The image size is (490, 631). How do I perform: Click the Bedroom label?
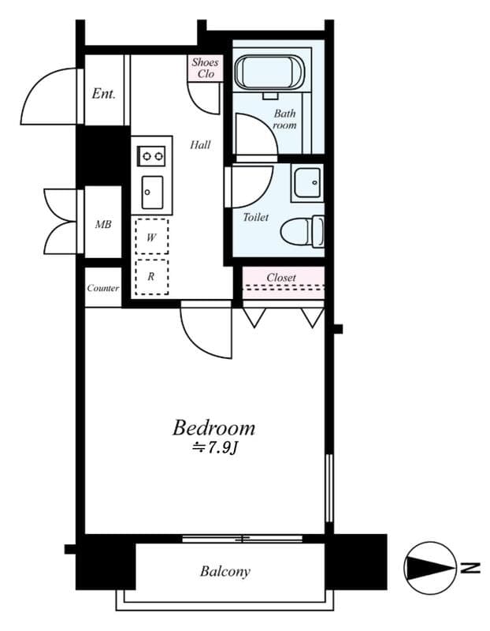pyautogui.click(x=213, y=428)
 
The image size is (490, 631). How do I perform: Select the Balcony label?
pyautogui.click(x=225, y=571)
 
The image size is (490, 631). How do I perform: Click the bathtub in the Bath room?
pyautogui.click(x=269, y=72)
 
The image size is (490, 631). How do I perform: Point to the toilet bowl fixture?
pyautogui.click(x=303, y=232)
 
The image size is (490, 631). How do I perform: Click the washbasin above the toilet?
pyautogui.click(x=307, y=182)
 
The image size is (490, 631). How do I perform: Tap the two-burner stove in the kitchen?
pyautogui.click(x=151, y=155)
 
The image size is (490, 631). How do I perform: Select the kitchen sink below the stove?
pyautogui.click(x=152, y=192)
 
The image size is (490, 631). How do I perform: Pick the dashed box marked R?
pyautogui.click(x=151, y=277)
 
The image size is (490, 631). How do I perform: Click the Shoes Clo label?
pyautogui.click(x=205, y=68)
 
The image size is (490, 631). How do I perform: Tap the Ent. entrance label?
pyautogui.click(x=103, y=94)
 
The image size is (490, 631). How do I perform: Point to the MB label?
pyautogui.click(x=103, y=224)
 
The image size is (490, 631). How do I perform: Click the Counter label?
pyautogui.click(x=103, y=288)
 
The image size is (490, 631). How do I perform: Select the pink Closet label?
pyautogui.click(x=281, y=278)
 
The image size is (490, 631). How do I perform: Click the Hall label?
pyautogui.click(x=200, y=144)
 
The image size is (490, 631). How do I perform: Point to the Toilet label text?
pyautogui.click(x=256, y=218)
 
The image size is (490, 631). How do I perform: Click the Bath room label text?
pyautogui.click(x=284, y=119)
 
